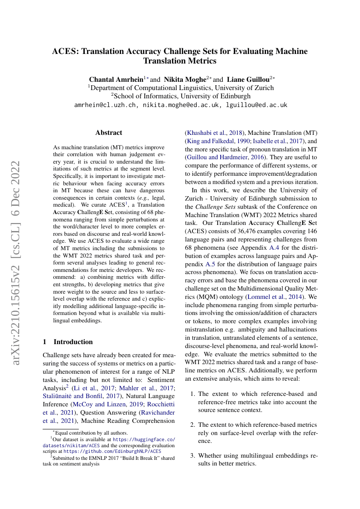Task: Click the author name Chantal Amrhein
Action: click(116, 80)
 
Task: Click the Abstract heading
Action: click(109, 133)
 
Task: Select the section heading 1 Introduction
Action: click(68, 342)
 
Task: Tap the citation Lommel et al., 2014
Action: click(276, 297)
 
